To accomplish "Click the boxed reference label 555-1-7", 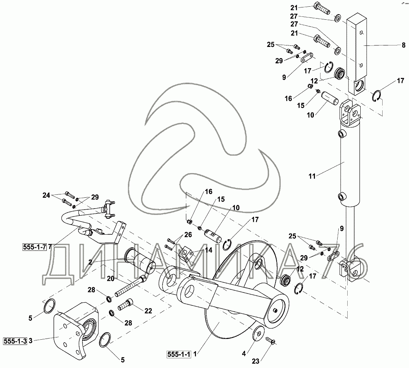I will point(34,247).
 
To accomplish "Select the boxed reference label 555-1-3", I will point(15,340).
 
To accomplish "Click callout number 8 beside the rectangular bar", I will point(403,45).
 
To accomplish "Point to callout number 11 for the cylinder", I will point(312,176).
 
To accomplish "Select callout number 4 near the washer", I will point(244,353).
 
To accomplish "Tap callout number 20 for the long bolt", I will point(110,278).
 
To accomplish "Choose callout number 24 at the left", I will point(46,195).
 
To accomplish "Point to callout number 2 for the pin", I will point(90,262).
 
